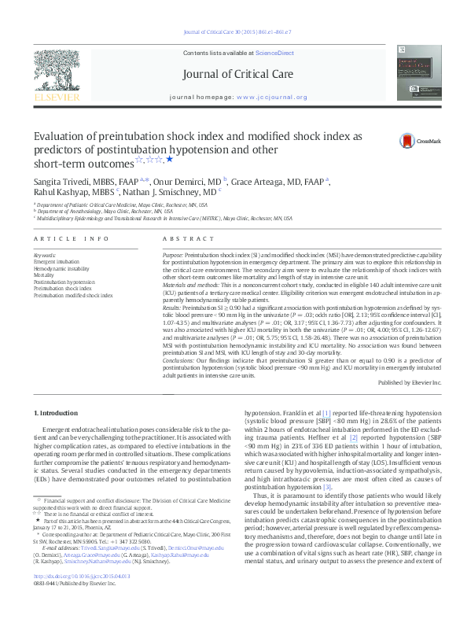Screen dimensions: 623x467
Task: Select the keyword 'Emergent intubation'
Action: point(57,262)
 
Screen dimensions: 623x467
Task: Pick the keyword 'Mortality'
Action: point(45,275)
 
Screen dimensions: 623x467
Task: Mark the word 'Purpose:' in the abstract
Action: point(174,256)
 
